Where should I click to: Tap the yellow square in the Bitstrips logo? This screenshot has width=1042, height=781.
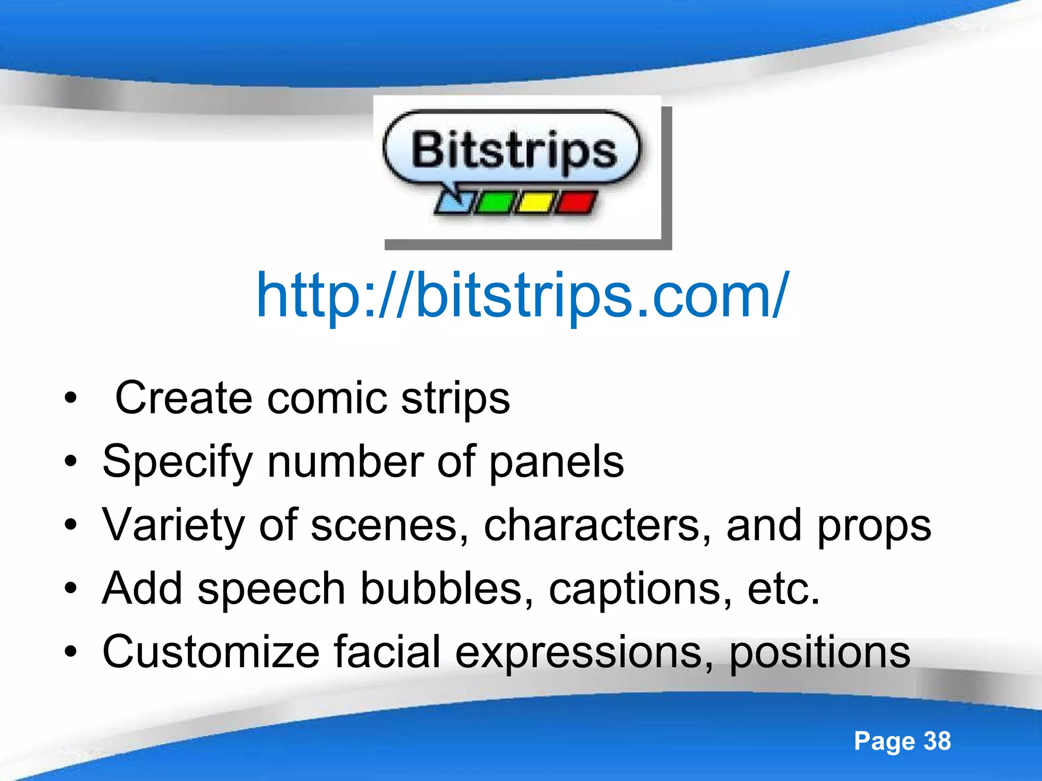click(x=535, y=202)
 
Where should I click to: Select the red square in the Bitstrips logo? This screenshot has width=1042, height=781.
click(x=576, y=202)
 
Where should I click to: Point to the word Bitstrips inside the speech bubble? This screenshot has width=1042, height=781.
click(x=514, y=150)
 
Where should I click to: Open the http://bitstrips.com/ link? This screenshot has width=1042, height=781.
click(x=523, y=296)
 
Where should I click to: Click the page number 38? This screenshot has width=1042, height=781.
click(x=937, y=741)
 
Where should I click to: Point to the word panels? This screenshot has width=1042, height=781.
click(x=557, y=463)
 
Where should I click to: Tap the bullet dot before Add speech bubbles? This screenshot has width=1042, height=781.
click(x=71, y=589)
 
